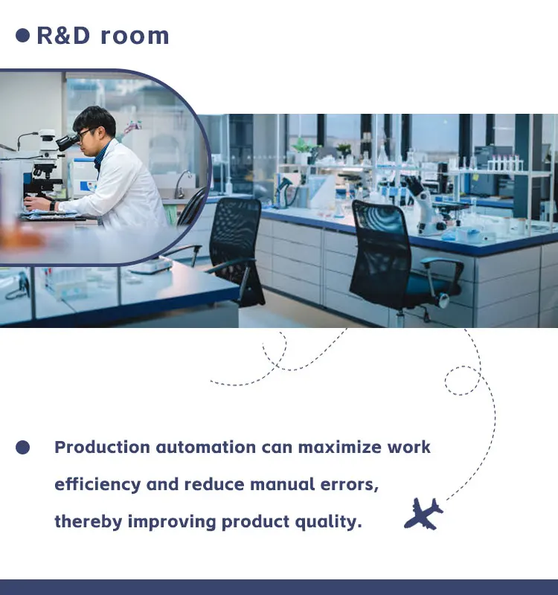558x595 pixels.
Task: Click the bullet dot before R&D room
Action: (x=23, y=35)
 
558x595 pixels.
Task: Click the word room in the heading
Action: (x=135, y=36)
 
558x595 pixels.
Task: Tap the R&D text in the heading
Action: (x=63, y=36)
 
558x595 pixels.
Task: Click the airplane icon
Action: (x=423, y=514)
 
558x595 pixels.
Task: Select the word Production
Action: (x=102, y=447)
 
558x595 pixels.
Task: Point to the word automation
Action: (x=206, y=447)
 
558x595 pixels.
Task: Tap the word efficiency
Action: (x=97, y=485)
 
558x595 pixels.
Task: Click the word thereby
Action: (x=88, y=522)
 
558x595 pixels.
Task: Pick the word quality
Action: (x=328, y=522)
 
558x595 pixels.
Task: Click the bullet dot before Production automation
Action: (x=23, y=447)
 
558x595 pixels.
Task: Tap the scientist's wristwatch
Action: (x=52, y=206)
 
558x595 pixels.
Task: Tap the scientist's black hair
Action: (x=95, y=118)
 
